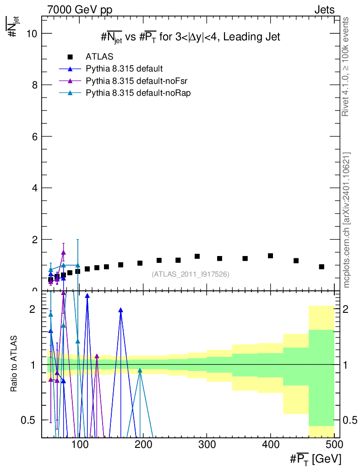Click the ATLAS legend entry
[99, 57]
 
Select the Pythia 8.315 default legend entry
[124, 69]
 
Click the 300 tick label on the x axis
[207, 445]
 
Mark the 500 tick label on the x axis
[334, 445]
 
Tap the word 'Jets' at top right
[324, 10]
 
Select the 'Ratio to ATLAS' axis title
[15, 364]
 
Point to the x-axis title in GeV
[316, 458]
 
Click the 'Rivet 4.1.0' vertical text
[346, 67]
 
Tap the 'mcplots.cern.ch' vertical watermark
[347, 220]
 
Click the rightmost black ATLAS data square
[322, 267]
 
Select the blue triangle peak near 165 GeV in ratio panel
[121, 310]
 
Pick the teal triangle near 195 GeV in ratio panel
[140, 371]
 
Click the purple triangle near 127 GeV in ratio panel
[97, 356]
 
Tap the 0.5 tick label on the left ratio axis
[32, 420]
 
